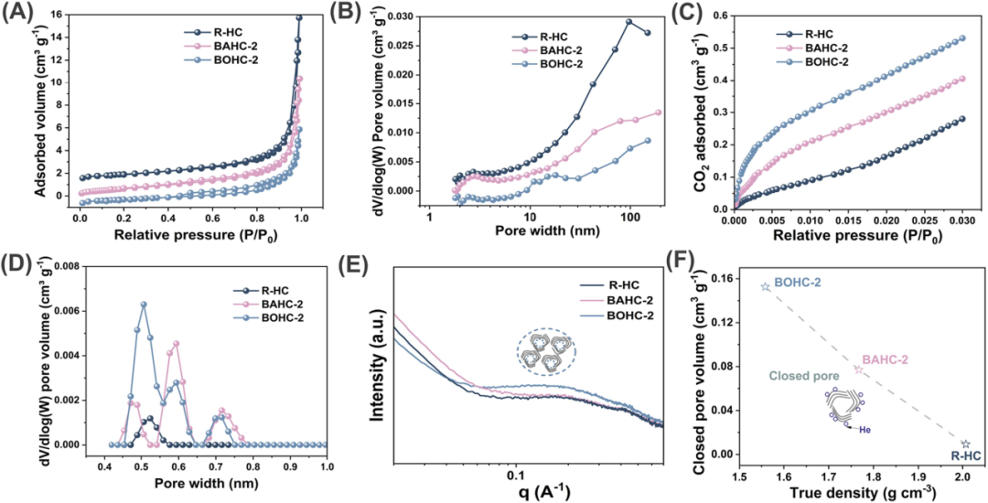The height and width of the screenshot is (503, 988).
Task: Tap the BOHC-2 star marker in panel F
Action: [x=766, y=286]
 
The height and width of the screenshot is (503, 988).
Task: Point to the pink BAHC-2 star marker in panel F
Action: [x=859, y=369]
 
